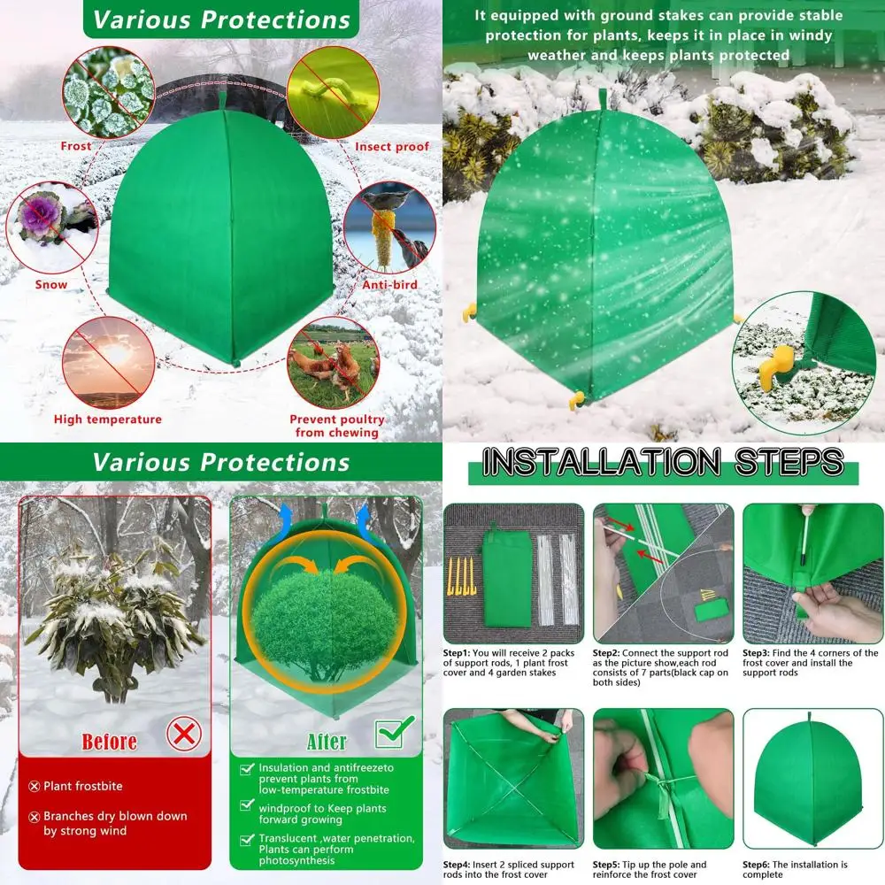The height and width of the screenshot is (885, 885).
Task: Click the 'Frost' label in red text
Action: pyautogui.click(x=75, y=146)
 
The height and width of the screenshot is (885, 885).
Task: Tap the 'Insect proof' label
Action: pyautogui.click(x=391, y=147)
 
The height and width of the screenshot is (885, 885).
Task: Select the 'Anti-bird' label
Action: pyautogui.click(x=389, y=285)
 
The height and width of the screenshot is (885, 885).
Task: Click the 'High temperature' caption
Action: pyautogui.click(x=108, y=419)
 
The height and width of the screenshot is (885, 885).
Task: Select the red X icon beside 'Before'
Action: pyautogui.click(x=184, y=734)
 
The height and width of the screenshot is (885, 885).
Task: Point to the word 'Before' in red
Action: pyautogui.click(x=109, y=741)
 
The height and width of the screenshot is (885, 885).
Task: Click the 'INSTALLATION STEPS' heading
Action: pyautogui.click(x=662, y=463)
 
